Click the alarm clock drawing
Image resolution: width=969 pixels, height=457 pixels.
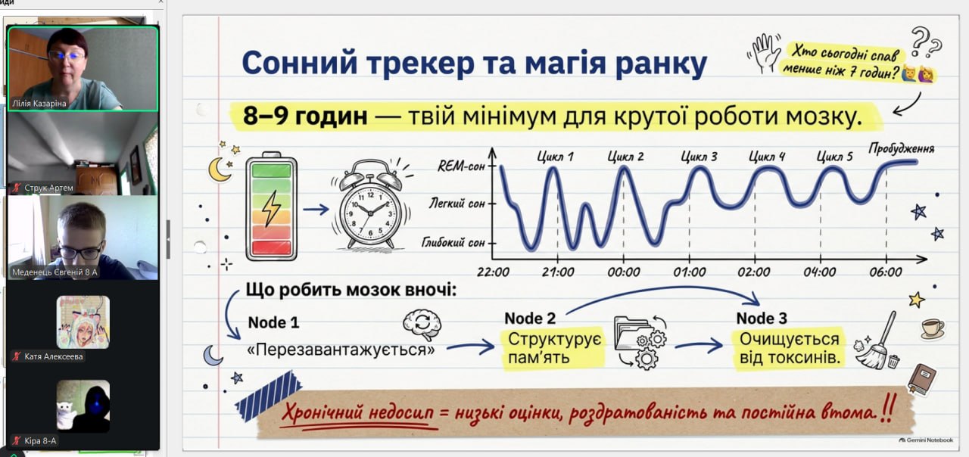coord(371,205)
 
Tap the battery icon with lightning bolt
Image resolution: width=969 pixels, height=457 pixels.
coord(271,207)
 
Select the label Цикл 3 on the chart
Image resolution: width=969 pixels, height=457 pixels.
coord(699,157)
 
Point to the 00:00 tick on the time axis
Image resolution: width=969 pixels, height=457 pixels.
coord(623,272)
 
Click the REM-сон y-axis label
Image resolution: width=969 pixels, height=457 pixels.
coord(461,166)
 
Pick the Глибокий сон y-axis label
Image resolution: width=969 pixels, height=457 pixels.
coord(453,243)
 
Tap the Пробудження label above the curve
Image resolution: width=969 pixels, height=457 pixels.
coord(902,149)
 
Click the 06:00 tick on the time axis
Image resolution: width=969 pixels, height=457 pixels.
coord(886,272)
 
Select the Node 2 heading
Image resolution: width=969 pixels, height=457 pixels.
coord(530,319)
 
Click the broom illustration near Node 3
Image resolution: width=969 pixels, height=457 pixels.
coord(877,341)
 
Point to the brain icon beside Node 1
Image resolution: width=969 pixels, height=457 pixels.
coord(422,325)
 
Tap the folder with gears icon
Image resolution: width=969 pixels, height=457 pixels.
coord(640,342)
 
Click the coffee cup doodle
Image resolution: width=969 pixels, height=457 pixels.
coord(932,328)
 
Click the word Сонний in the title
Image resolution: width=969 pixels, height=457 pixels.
coord(300,63)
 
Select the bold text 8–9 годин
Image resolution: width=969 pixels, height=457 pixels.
coord(305,116)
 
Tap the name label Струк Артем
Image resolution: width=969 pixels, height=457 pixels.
coord(49,188)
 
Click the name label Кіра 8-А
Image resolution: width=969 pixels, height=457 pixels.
coord(40,440)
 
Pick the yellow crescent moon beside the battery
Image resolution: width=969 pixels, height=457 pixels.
coord(220,169)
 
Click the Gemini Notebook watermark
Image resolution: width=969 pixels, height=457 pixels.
coord(926,440)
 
